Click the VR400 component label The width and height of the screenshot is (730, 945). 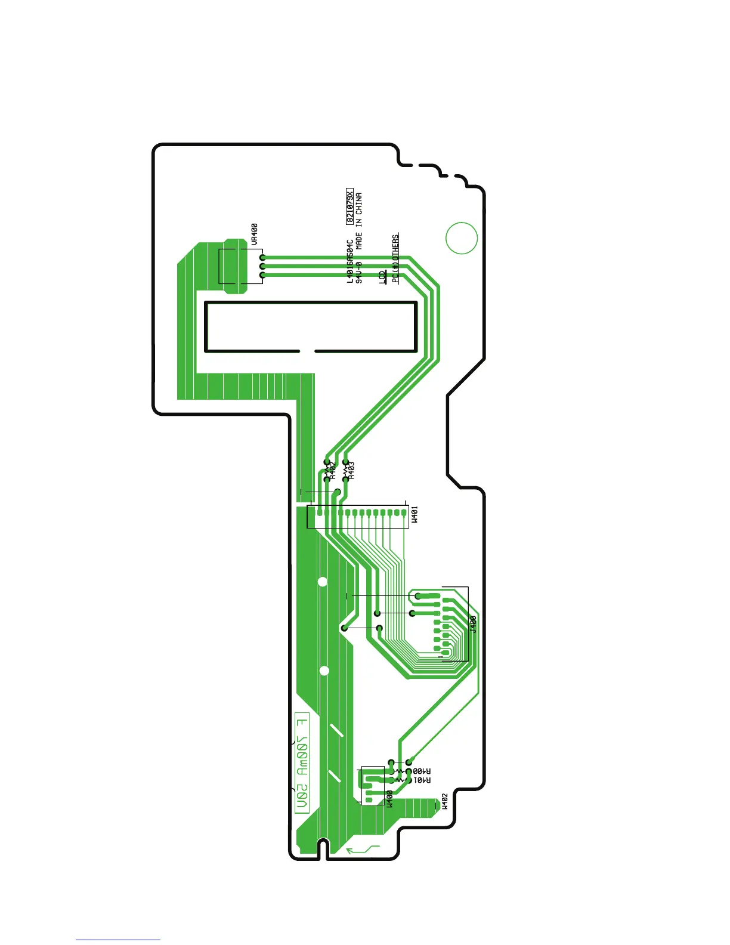tap(255, 234)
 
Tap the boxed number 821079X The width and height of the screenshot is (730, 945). tap(350, 207)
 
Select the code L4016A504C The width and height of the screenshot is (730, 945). tap(350, 262)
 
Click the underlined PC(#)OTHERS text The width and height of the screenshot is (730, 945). tap(395, 258)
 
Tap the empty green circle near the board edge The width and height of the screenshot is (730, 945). tap(462, 237)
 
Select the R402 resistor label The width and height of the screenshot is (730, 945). tap(333, 471)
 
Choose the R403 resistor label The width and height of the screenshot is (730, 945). tap(351, 470)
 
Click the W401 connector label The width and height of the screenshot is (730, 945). tap(415, 514)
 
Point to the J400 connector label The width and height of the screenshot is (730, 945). tap(473, 624)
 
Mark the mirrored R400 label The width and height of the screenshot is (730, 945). tap(421, 771)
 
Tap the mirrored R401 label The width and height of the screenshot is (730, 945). tap(421, 780)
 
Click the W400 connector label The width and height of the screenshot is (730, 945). tap(389, 799)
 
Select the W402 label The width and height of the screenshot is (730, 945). tap(444, 801)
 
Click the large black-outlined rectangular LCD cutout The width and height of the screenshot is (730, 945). tap(310, 326)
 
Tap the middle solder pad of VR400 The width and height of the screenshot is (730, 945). tap(262, 266)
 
